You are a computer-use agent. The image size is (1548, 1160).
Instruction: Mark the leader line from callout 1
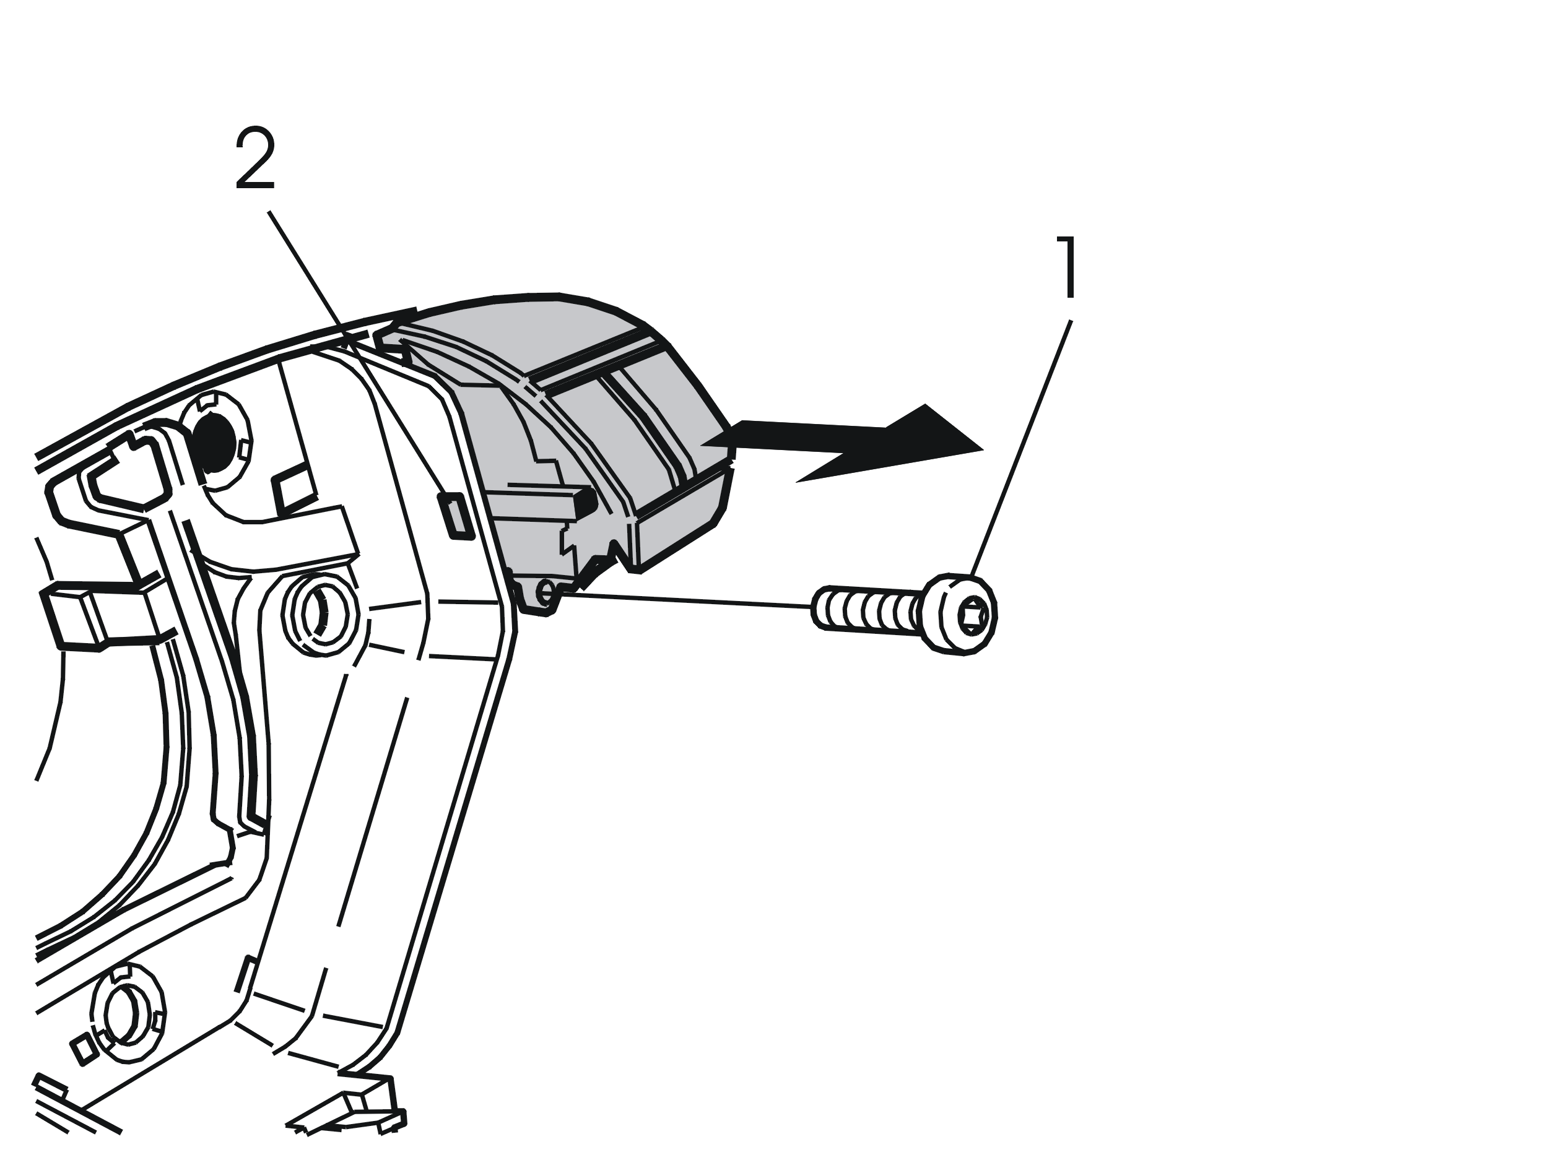click(x=1020, y=449)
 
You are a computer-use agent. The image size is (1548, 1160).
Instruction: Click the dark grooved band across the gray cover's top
click(x=591, y=359)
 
